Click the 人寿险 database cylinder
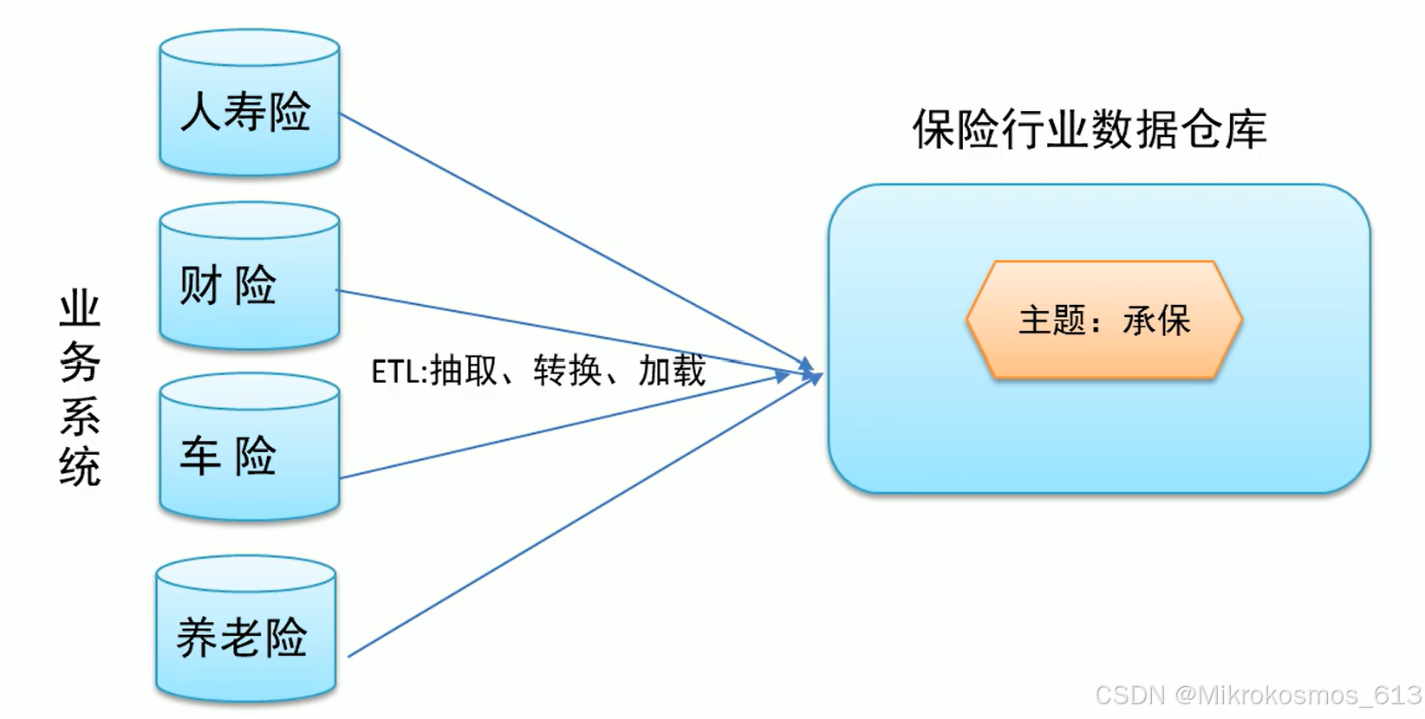(x=250, y=104)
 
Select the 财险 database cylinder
(x=250, y=277)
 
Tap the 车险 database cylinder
(x=250, y=448)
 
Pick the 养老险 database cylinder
(x=246, y=630)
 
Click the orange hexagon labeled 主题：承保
(x=1104, y=321)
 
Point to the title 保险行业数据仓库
(x=1090, y=130)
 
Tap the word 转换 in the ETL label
(x=568, y=371)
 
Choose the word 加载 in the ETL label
(x=672, y=371)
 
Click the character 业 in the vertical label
(x=80, y=309)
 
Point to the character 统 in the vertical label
(x=80, y=467)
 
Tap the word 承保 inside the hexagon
(x=1156, y=321)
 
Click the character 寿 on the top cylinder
(x=245, y=112)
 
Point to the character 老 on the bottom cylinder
(x=242, y=638)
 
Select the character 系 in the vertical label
(x=80, y=415)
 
